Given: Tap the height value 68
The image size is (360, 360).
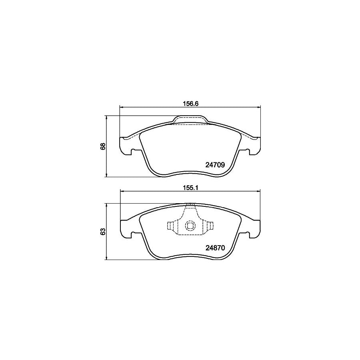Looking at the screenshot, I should [x=103, y=146].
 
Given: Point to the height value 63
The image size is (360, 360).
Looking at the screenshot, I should [x=103, y=232].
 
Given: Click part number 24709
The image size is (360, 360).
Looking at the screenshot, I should [x=216, y=164].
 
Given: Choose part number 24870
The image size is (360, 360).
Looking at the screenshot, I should [x=216, y=248].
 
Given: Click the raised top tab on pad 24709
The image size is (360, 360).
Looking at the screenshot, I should [x=190, y=120].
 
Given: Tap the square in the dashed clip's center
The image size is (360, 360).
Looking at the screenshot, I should [x=190, y=226].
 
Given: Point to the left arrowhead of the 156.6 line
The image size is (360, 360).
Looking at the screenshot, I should [x=122, y=107].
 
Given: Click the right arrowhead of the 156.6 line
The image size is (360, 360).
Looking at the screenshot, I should [x=259, y=107].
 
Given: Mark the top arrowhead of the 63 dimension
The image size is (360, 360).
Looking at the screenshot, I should [x=106, y=205].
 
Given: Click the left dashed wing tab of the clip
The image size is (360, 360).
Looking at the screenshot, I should [x=172, y=226].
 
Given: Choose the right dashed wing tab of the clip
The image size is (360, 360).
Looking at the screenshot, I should [x=208, y=226].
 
